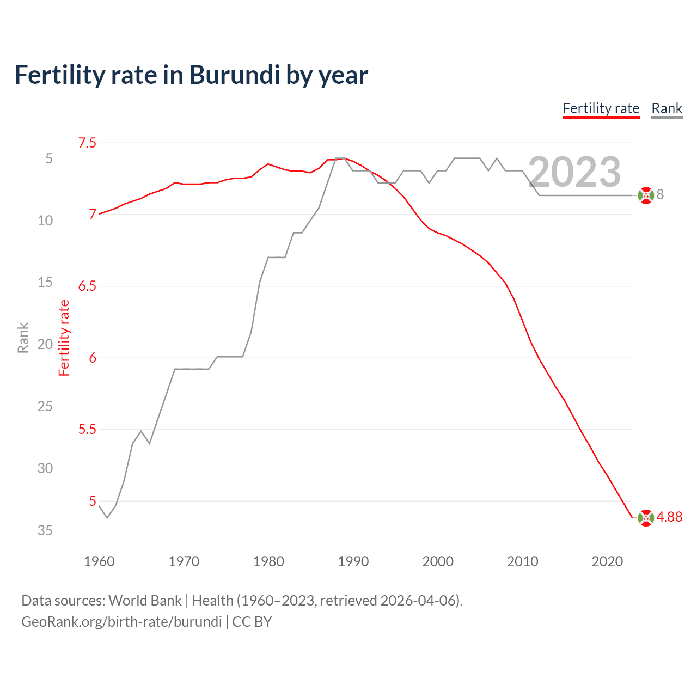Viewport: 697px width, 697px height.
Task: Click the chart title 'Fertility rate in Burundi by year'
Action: [x=191, y=75]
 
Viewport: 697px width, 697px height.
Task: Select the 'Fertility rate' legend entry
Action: [x=601, y=108]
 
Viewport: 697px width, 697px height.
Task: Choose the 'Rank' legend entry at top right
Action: [x=667, y=108]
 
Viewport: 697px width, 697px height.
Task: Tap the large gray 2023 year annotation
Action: [x=574, y=172]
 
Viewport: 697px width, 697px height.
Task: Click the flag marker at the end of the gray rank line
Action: [x=646, y=195]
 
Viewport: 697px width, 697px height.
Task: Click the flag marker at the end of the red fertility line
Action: [x=646, y=518]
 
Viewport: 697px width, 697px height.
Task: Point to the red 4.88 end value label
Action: [x=669, y=517]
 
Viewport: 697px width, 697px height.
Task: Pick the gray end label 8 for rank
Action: [x=660, y=195]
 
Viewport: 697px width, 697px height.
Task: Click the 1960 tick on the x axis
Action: [x=99, y=561]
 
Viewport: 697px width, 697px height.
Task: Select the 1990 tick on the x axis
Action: [x=353, y=561]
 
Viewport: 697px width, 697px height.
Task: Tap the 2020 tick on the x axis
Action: [x=607, y=561]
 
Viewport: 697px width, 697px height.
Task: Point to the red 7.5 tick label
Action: [x=87, y=143]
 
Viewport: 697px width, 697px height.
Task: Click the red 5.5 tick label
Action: [x=87, y=430]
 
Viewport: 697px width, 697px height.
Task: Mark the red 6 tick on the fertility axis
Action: [x=93, y=358]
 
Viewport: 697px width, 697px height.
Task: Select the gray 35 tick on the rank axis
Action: [x=45, y=530]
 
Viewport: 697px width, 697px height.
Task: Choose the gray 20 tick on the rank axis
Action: [x=45, y=344]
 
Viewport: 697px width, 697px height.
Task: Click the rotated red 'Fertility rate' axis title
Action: [x=64, y=338]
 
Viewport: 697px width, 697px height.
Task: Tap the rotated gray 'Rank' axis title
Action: [x=23, y=338]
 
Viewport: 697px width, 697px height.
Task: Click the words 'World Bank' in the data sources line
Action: [x=145, y=601]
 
